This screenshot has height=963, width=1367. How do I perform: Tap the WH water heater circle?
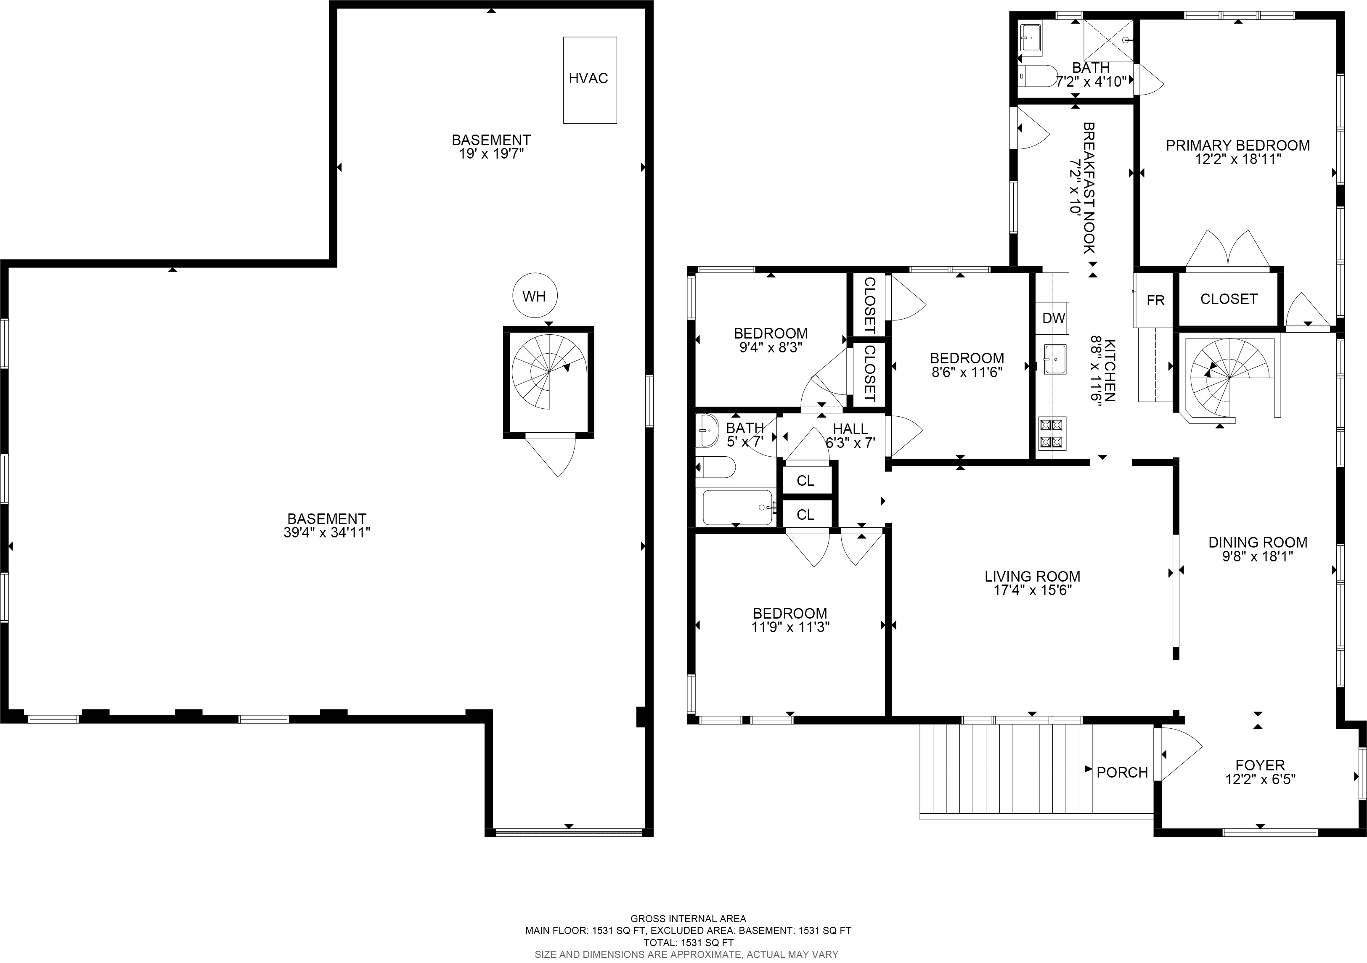(535, 296)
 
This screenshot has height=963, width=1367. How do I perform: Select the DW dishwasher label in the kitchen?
(1053, 318)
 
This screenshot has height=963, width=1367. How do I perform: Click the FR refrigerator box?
(1155, 300)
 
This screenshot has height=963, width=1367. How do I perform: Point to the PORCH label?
(1122, 773)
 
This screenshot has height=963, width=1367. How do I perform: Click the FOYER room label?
(1260, 765)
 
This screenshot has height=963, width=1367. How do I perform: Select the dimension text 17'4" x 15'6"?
(1032, 590)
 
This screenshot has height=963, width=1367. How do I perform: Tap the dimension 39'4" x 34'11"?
(327, 533)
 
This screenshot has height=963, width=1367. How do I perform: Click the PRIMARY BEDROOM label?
(1238, 145)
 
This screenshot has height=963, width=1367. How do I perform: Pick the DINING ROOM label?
(1258, 542)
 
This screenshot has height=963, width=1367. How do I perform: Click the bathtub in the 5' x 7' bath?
(738, 507)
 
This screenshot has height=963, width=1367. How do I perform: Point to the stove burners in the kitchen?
(1051, 433)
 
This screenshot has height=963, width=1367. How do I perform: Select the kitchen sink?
(1054, 359)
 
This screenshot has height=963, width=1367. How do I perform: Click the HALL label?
(850, 429)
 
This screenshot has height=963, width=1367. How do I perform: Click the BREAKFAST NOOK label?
(1089, 188)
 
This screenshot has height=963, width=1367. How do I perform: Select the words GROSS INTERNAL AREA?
(688, 918)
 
